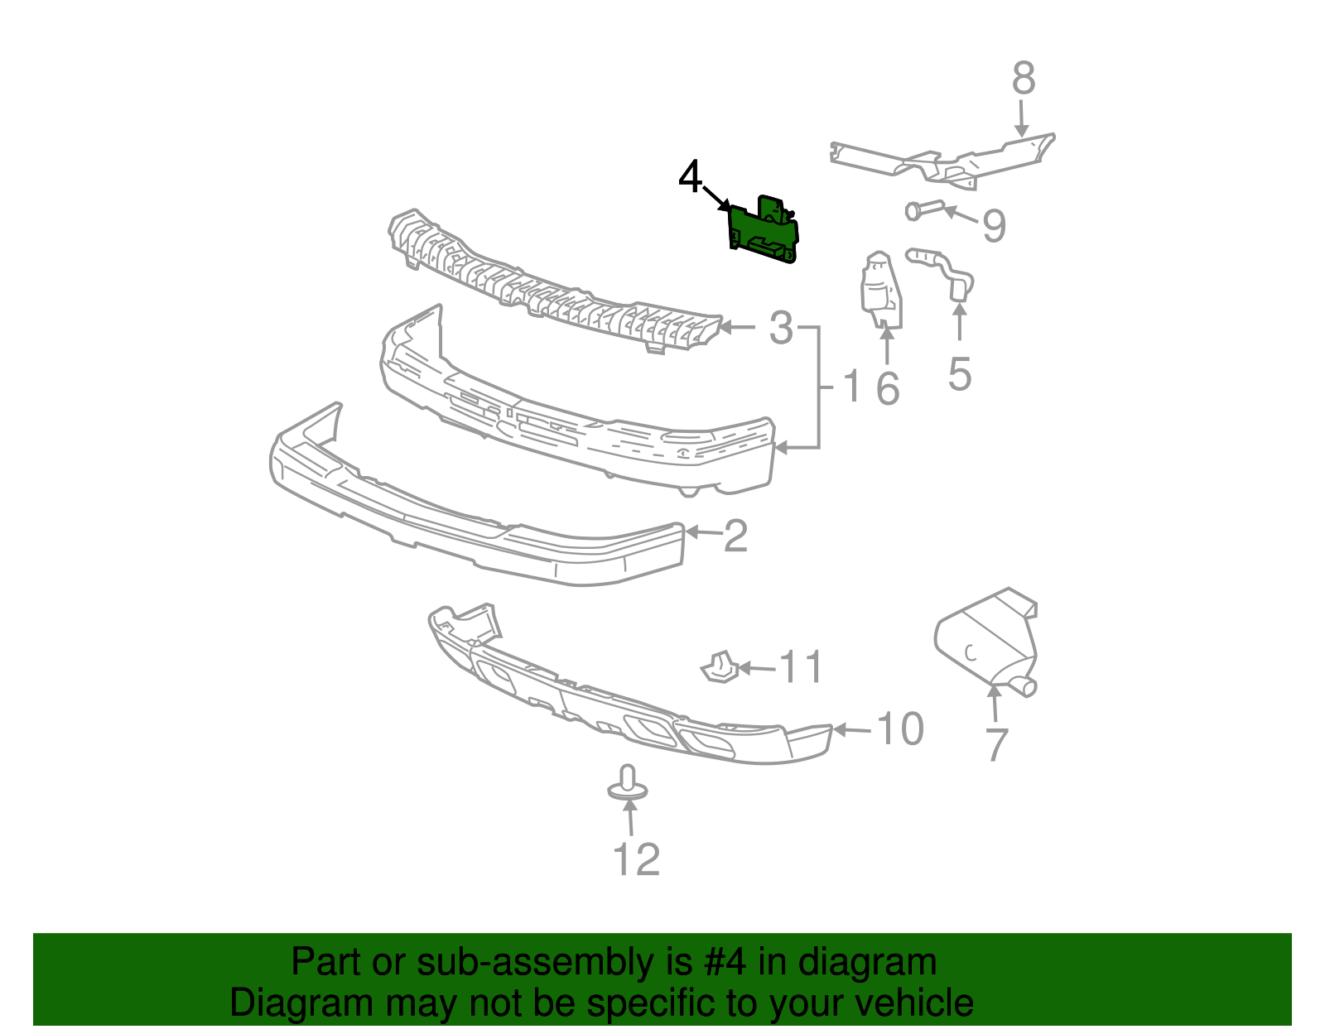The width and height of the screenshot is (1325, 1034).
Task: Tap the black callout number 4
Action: pyautogui.click(x=690, y=177)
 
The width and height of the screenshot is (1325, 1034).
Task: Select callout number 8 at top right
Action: pyautogui.click(x=1024, y=79)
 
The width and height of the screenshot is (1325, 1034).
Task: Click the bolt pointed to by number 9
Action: pyautogui.click(x=924, y=210)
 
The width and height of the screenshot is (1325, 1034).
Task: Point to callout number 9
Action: pyautogui.click(x=994, y=225)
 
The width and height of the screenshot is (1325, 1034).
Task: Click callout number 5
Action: pyautogui.click(x=960, y=374)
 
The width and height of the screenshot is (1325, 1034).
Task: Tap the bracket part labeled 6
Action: pyautogui.click(x=881, y=291)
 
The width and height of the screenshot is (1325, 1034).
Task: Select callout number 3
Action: pyautogui.click(x=781, y=328)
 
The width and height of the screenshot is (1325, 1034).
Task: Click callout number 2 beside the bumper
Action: pyautogui.click(x=735, y=536)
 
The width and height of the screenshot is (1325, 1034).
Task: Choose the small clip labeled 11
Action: pyautogui.click(x=719, y=667)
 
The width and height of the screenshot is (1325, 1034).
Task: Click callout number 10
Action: pyautogui.click(x=899, y=729)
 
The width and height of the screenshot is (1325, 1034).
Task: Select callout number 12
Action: pyautogui.click(x=636, y=859)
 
